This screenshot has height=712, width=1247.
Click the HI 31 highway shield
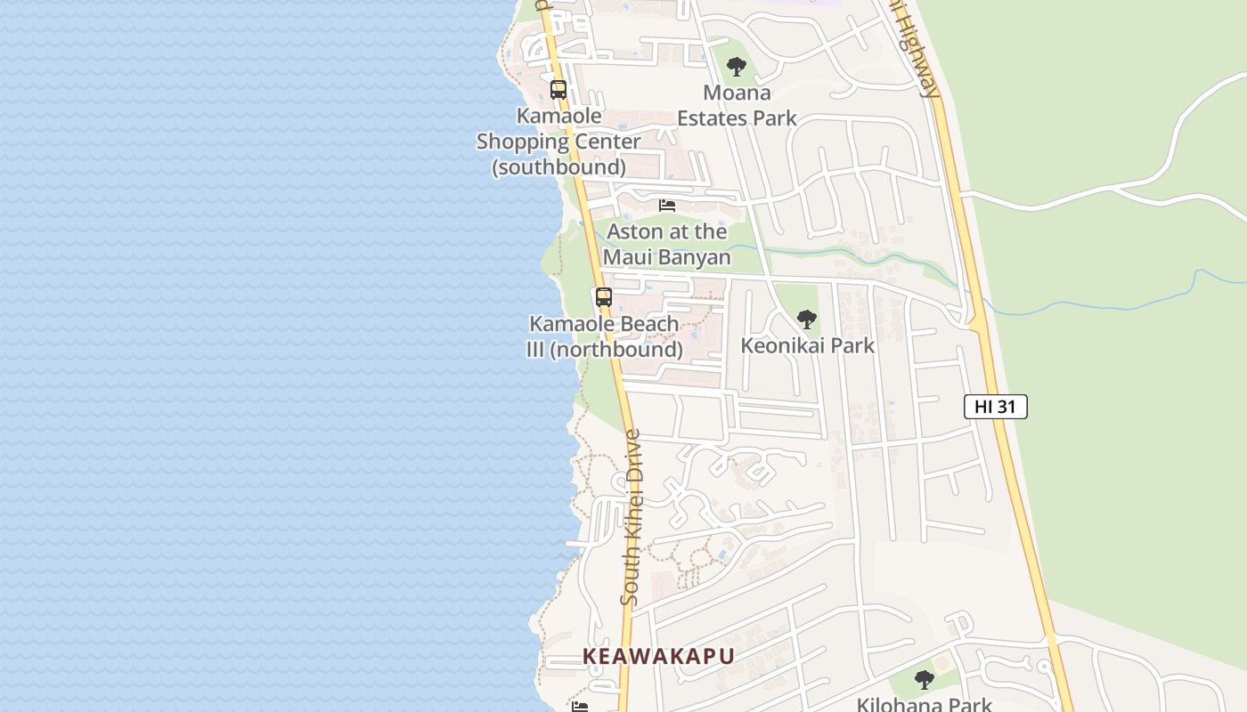[x=995, y=407]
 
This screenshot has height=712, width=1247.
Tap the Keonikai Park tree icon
[x=806, y=319]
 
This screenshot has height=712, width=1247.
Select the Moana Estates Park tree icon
[x=736, y=66]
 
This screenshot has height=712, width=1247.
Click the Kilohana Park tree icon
[x=924, y=680]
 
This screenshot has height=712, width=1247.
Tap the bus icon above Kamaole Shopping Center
[x=558, y=89]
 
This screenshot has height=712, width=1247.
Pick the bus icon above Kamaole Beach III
[x=604, y=297]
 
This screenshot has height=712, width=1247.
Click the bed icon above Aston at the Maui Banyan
[x=667, y=206]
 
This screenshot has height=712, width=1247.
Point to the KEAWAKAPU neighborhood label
[x=658, y=656]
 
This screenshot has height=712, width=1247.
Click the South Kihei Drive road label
[x=631, y=518]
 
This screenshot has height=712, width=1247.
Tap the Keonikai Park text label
[x=808, y=345]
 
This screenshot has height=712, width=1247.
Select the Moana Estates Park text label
[x=737, y=105]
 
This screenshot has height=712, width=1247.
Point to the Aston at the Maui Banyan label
[x=667, y=244]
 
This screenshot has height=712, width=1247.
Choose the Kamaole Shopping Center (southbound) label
[x=558, y=141]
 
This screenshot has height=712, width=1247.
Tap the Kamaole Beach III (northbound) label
[x=605, y=336]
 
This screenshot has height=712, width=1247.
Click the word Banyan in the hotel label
[x=699, y=257]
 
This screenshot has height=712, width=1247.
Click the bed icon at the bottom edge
[x=580, y=707]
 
